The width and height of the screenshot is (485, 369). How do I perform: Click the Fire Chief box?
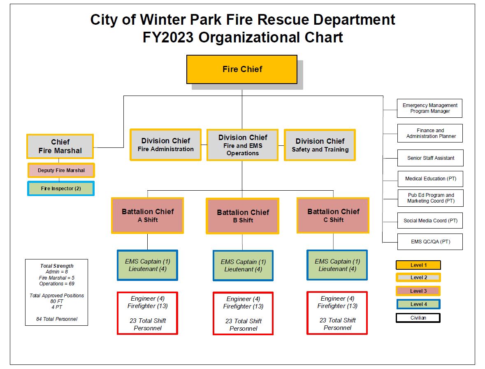click(242, 69)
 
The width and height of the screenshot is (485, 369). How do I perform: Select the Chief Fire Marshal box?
click(60, 146)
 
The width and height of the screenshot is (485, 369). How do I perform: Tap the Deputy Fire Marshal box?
click(61, 170)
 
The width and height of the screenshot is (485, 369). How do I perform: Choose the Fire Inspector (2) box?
click(61, 189)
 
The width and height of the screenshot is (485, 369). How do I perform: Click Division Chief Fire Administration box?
click(165, 145)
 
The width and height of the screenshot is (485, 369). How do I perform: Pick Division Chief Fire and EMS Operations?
click(242, 145)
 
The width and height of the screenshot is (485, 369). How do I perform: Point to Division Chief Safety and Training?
click(320, 145)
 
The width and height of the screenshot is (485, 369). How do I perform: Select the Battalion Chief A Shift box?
click(147, 215)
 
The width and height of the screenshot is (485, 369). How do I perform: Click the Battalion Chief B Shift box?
click(243, 216)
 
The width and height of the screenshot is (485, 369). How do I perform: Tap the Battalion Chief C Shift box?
click(333, 215)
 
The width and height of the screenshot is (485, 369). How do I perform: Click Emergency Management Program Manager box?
click(430, 108)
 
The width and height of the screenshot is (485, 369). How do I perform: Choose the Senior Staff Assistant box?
click(430, 158)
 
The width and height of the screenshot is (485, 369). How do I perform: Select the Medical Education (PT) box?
click(430, 179)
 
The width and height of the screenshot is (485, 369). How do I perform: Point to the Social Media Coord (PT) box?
click(430, 221)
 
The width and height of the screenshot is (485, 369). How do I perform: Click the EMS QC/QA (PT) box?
click(430, 242)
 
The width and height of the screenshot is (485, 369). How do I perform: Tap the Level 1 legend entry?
click(418, 265)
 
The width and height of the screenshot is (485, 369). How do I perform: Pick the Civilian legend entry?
click(418, 318)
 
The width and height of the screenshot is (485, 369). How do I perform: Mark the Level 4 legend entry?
click(418, 304)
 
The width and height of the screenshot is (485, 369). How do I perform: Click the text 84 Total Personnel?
click(57, 319)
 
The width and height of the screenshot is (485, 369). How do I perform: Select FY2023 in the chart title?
click(168, 37)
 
